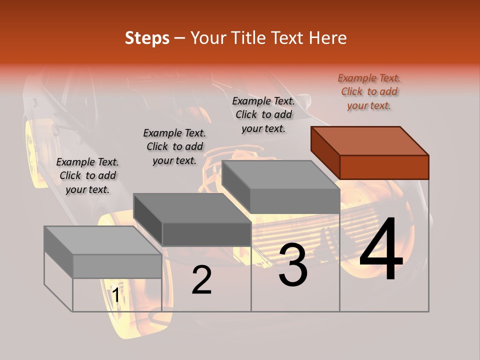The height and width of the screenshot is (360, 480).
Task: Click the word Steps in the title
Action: coord(147,38)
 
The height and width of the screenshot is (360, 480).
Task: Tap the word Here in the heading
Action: coord(327,38)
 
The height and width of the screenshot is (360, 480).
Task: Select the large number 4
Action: coord(381,250)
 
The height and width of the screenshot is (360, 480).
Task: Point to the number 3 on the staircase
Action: coord(293,265)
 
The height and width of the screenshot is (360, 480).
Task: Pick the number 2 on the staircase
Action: coord(202,280)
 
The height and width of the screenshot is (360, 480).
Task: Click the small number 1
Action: coord(115,295)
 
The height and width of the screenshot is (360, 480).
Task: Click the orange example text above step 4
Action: coord(369,92)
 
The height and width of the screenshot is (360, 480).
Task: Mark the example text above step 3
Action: coord(263,114)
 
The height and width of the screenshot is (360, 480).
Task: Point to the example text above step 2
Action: coord(174,146)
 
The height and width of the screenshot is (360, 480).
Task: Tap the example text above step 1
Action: coord(87,176)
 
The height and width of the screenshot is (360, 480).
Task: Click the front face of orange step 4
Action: coord(384,167)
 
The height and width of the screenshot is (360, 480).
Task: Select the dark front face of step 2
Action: coord(206,234)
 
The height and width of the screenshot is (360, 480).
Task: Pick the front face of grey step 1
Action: coord(117,266)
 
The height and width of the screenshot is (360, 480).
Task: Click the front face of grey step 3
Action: coord(294,201)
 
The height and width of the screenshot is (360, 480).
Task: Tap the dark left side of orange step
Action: coord(325,150)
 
